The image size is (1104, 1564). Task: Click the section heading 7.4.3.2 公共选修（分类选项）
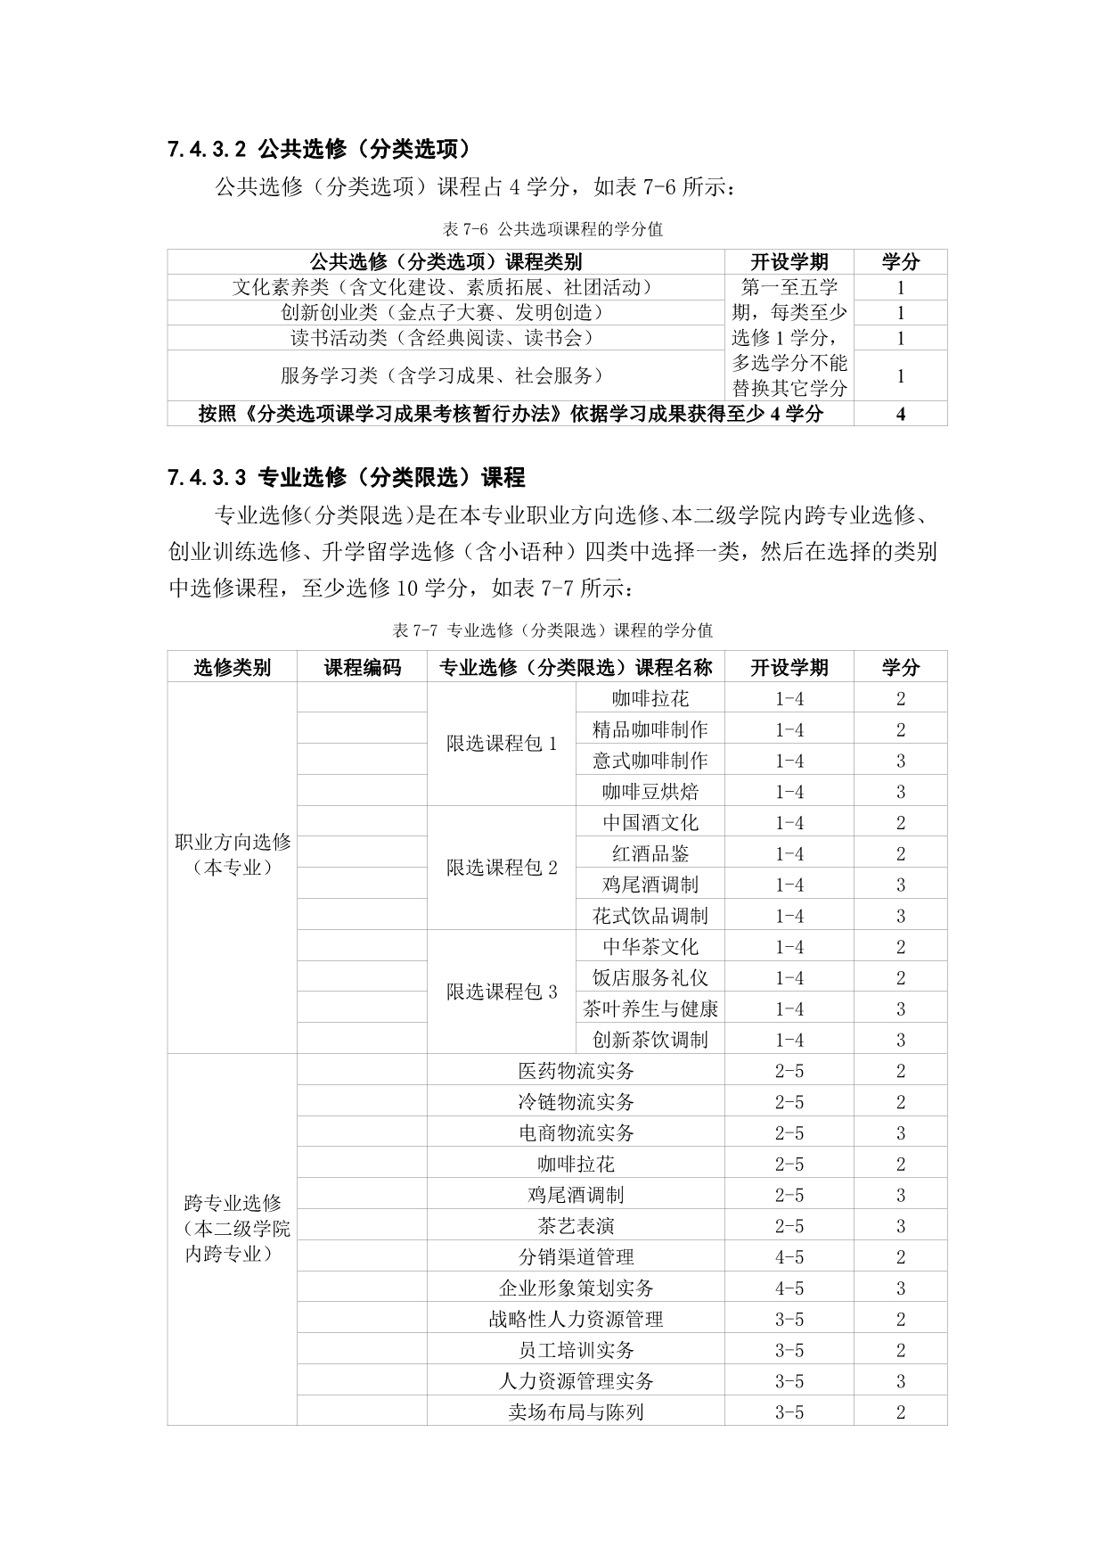[320, 149]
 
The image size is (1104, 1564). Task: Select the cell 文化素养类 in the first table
[442, 287]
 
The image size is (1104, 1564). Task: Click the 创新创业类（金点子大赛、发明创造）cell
[442, 313]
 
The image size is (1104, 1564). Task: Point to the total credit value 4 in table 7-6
[900, 414]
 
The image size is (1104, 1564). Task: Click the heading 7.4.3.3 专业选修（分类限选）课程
[347, 478]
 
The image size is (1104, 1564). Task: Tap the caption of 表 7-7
[552, 630]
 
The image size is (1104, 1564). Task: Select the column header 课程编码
[362, 667]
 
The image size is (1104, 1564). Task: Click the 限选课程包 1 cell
[502, 744]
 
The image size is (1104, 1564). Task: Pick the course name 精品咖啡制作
[650, 729]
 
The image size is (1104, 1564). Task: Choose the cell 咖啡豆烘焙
[650, 792]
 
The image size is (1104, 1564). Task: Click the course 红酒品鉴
[650, 853]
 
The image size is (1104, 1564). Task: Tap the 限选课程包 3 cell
[502, 992]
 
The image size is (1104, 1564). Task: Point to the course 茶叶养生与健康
[650, 1008]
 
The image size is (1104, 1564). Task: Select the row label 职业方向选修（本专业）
[233, 854]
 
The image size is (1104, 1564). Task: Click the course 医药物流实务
[576, 1071]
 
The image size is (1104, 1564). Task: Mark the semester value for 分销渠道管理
[789, 1257]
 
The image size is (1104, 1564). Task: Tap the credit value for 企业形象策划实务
[900, 1288]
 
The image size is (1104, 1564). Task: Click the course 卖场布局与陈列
[576, 1412]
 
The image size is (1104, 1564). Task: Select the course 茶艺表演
[576, 1226]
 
